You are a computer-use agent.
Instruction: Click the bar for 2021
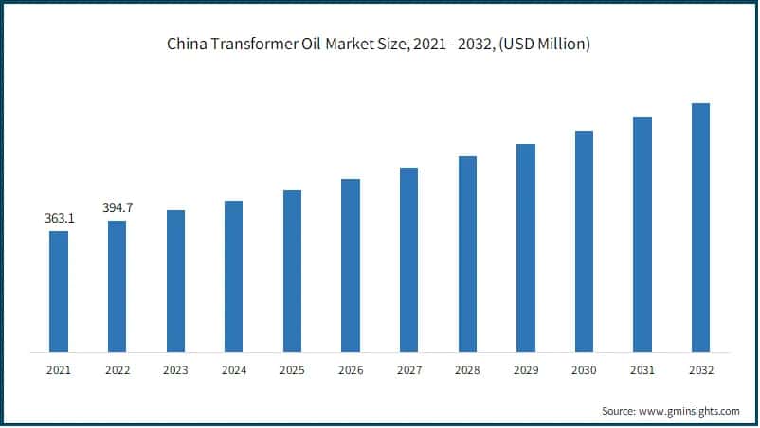59,292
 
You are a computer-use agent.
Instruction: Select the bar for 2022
117,286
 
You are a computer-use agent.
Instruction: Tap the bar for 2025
292,271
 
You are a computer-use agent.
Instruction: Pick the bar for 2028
467,254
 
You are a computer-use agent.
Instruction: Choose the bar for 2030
584,241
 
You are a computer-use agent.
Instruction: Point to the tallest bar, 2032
700,227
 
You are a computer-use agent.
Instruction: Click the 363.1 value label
59,219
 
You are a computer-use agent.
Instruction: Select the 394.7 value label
117,207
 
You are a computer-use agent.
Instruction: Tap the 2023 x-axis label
175,370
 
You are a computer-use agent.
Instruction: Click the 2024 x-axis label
233,370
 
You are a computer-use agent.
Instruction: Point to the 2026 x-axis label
351,370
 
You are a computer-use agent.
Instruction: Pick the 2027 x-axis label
408,370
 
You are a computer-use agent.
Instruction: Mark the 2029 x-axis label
525,370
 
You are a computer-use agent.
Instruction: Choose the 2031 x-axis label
642,370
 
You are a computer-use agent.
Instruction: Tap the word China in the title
186,45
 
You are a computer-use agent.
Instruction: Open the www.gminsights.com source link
690,411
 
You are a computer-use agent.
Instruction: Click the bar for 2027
408,259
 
